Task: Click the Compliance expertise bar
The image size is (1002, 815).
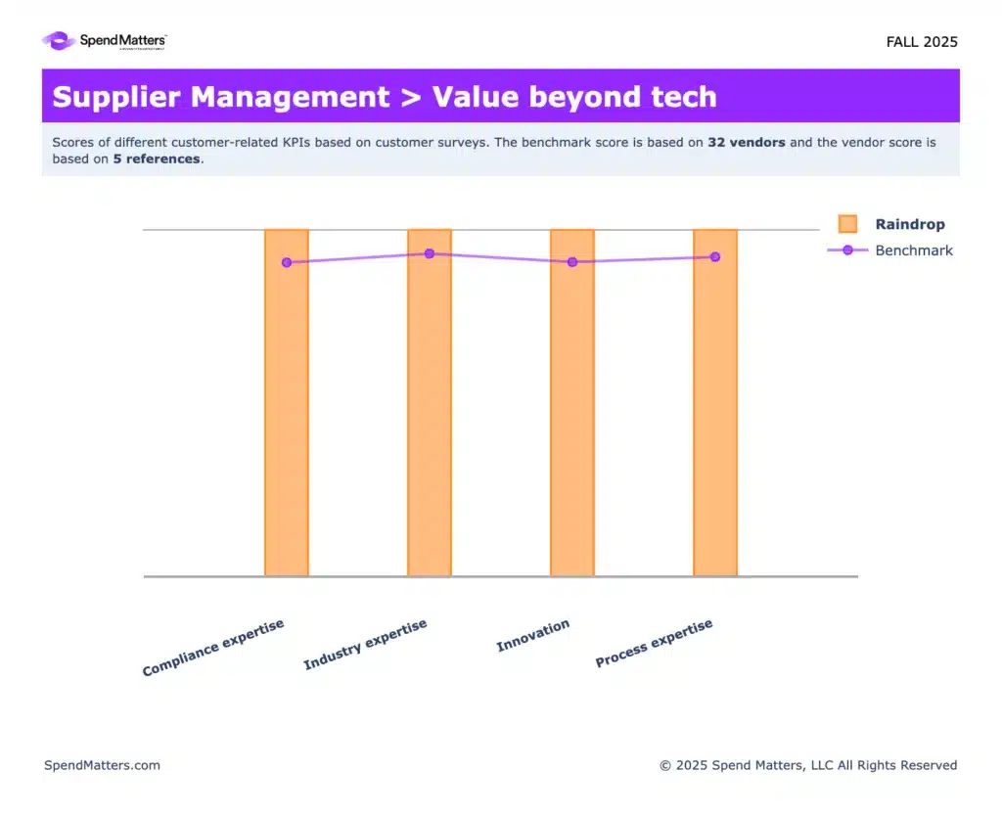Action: point(287,411)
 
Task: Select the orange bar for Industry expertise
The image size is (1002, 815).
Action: point(430,411)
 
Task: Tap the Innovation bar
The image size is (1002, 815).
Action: point(572,411)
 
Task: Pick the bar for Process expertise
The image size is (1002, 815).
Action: point(715,411)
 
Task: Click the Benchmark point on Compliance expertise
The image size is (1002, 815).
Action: point(287,262)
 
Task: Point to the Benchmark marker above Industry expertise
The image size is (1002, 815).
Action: point(430,253)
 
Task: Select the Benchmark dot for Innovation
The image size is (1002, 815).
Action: point(572,262)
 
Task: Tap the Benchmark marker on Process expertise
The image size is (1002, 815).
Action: point(715,257)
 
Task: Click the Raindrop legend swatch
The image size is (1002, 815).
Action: point(847,224)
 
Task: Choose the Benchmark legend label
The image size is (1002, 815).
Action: point(914,250)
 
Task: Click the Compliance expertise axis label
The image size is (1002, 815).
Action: point(213,648)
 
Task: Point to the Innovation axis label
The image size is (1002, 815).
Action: point(532,636)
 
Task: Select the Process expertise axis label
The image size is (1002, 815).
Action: point(654,644)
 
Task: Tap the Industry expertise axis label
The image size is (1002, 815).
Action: point(365,646)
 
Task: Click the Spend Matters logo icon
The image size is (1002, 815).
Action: point(58,41)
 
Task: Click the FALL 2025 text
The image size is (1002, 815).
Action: point(922,42)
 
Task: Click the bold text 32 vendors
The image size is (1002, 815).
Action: point(746,142)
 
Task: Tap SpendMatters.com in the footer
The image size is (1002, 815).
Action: point(102,765)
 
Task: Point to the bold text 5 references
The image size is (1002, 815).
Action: point(157,158)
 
